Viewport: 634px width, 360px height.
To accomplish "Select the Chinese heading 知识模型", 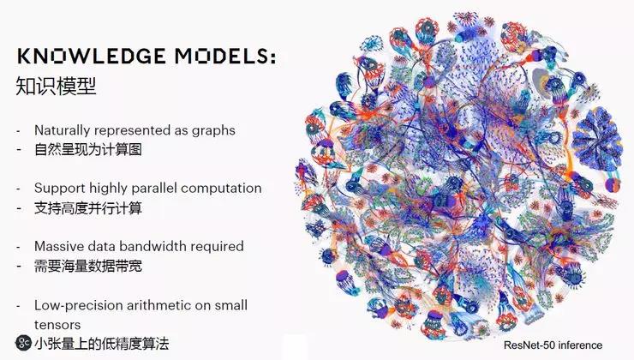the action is (57, 86).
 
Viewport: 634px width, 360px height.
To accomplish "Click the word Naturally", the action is (63, 130).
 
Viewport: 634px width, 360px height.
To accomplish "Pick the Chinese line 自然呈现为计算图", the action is (88, 150).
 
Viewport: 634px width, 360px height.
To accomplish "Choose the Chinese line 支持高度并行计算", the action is (88, 208).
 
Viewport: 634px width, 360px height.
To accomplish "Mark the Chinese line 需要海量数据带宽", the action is (88, 267).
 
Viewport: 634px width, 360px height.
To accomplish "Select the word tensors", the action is (57, 325).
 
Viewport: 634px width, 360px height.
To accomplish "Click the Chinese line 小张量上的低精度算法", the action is (101, 344).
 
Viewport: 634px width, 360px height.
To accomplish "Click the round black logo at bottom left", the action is (23, 343).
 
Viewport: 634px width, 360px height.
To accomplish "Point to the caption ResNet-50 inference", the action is (553, 345).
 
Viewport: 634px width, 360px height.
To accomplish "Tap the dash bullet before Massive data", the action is (18, 247).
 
